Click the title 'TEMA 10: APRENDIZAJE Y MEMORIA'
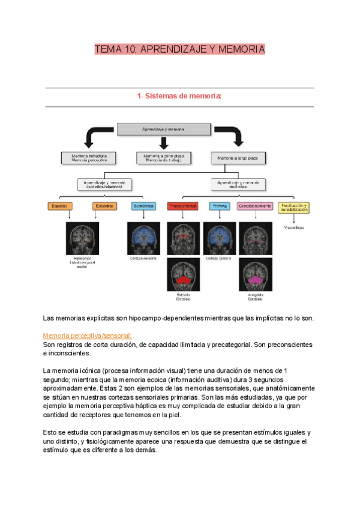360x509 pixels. click(x=179, y=49)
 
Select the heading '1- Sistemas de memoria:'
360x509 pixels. click(x=179, y=97)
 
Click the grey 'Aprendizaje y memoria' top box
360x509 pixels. click(x=163, y=129)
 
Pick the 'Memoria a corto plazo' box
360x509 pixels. click(x=164, y=158)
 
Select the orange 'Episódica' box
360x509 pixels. click(x=102, y=206)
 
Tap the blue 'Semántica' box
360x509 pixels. click(x=143, y=206)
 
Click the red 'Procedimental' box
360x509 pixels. click(x=183, y=206)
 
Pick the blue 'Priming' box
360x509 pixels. click(x=219, y=206)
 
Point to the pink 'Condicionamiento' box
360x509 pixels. click(x=255, y=206)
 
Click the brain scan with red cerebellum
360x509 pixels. click(x=184, y=275)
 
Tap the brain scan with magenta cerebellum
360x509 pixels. click(x=255, y=275)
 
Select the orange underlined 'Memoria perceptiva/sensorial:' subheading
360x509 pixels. click(x=88, y=336)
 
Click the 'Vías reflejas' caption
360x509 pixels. click(x=293, y=227)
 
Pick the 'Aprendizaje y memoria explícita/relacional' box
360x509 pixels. click(x=105, y=183)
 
